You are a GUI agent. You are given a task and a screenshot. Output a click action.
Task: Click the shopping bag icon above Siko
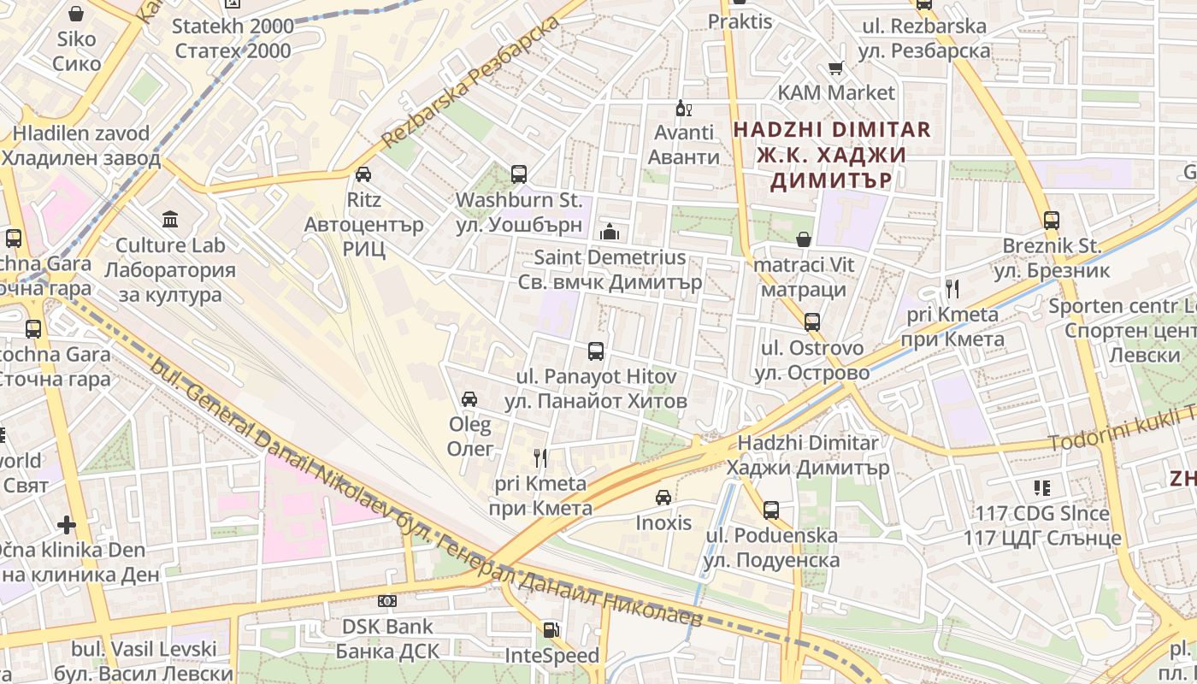coord(76,14)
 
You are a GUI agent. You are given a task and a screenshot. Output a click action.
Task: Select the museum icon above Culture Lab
coord(170,220)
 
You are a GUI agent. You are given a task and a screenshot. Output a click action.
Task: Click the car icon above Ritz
coord(363,174)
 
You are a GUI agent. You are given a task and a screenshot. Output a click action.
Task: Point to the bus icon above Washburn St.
coord(518,174)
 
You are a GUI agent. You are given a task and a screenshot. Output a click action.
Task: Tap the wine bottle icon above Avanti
coord(683,108)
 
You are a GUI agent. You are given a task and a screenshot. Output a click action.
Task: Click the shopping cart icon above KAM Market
coord(835,68)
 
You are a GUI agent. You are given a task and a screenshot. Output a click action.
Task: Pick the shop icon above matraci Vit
coord(804,239)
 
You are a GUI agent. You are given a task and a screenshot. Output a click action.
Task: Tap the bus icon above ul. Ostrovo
coord(811,322)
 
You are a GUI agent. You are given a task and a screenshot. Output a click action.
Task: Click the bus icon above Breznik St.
coord(1051,220)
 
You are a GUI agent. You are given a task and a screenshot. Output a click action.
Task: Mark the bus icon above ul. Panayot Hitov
coord(595,351)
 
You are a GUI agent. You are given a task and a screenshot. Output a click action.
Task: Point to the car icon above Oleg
coord(469,398)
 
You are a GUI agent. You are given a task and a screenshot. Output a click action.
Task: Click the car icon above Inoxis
coord(663,497)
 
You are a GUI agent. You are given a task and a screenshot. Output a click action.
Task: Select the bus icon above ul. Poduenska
coord(770,510)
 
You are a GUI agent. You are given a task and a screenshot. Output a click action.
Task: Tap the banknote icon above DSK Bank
coord(387,601)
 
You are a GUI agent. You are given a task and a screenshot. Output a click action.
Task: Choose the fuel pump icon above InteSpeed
coord(551,630)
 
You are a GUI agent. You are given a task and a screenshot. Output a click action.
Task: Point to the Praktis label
coord(740,21)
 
